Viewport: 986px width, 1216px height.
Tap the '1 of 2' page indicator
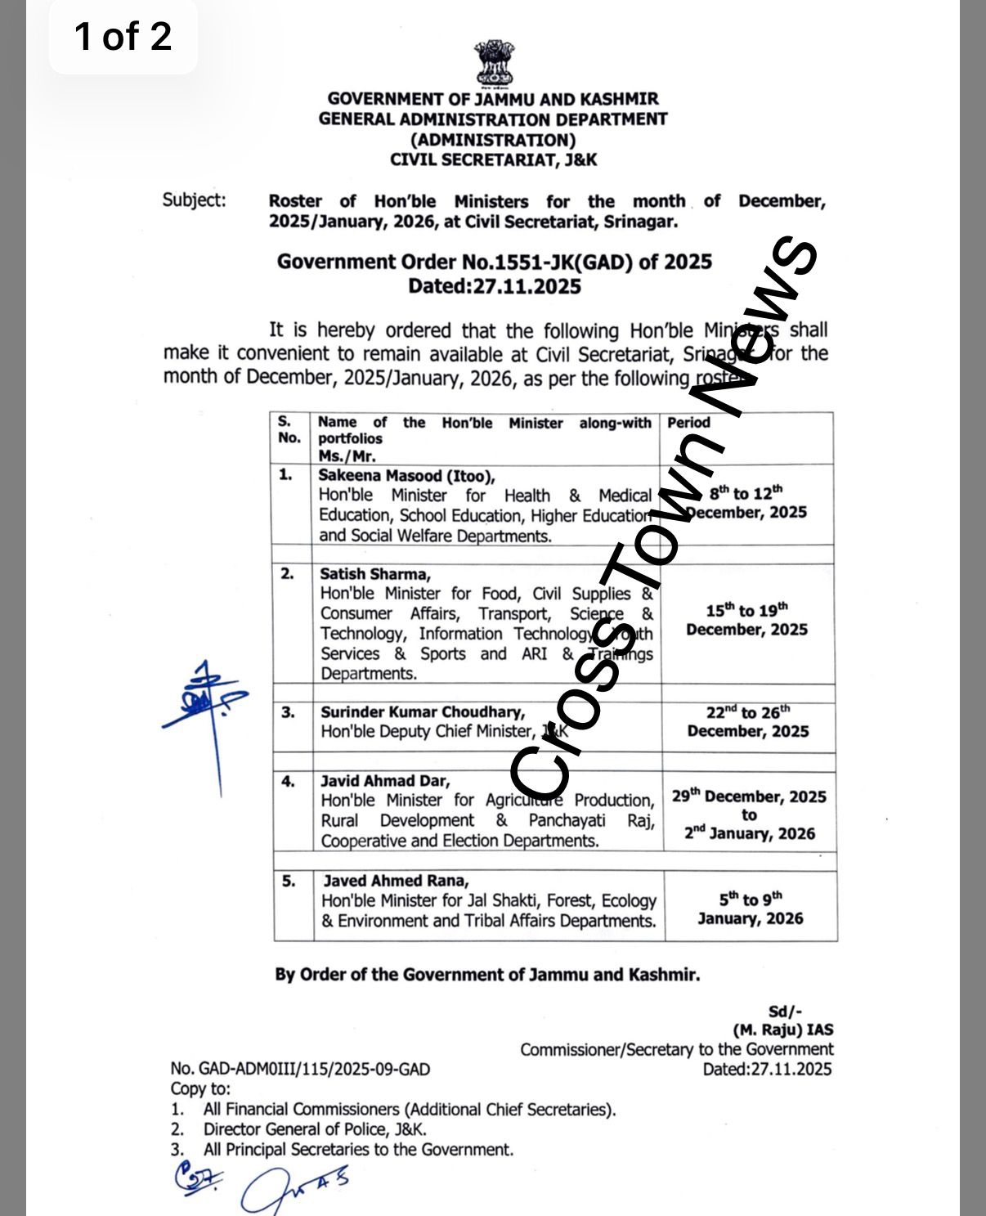pos(123,37)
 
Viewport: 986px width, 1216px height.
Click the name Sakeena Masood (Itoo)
pos(406,476)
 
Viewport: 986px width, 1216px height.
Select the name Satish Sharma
pos(375,574)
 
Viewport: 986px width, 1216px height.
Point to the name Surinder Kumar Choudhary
pos(423,712)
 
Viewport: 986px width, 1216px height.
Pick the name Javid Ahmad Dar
pos(385,781)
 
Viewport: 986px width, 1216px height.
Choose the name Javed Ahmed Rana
pos(396,881)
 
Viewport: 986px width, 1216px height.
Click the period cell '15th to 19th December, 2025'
pos(746,620)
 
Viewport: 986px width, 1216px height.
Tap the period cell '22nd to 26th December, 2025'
pos(747,722)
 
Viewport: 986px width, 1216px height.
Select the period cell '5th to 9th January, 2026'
pos(750,909)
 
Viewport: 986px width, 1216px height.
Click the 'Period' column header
pos(688,423)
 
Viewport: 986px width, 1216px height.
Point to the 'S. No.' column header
pos(289,429)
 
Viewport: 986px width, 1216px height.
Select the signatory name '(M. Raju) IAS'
pos(782,1030)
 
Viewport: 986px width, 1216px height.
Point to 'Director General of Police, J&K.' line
pos(315,1129)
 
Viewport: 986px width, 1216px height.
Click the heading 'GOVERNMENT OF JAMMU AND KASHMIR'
pos(493,99)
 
